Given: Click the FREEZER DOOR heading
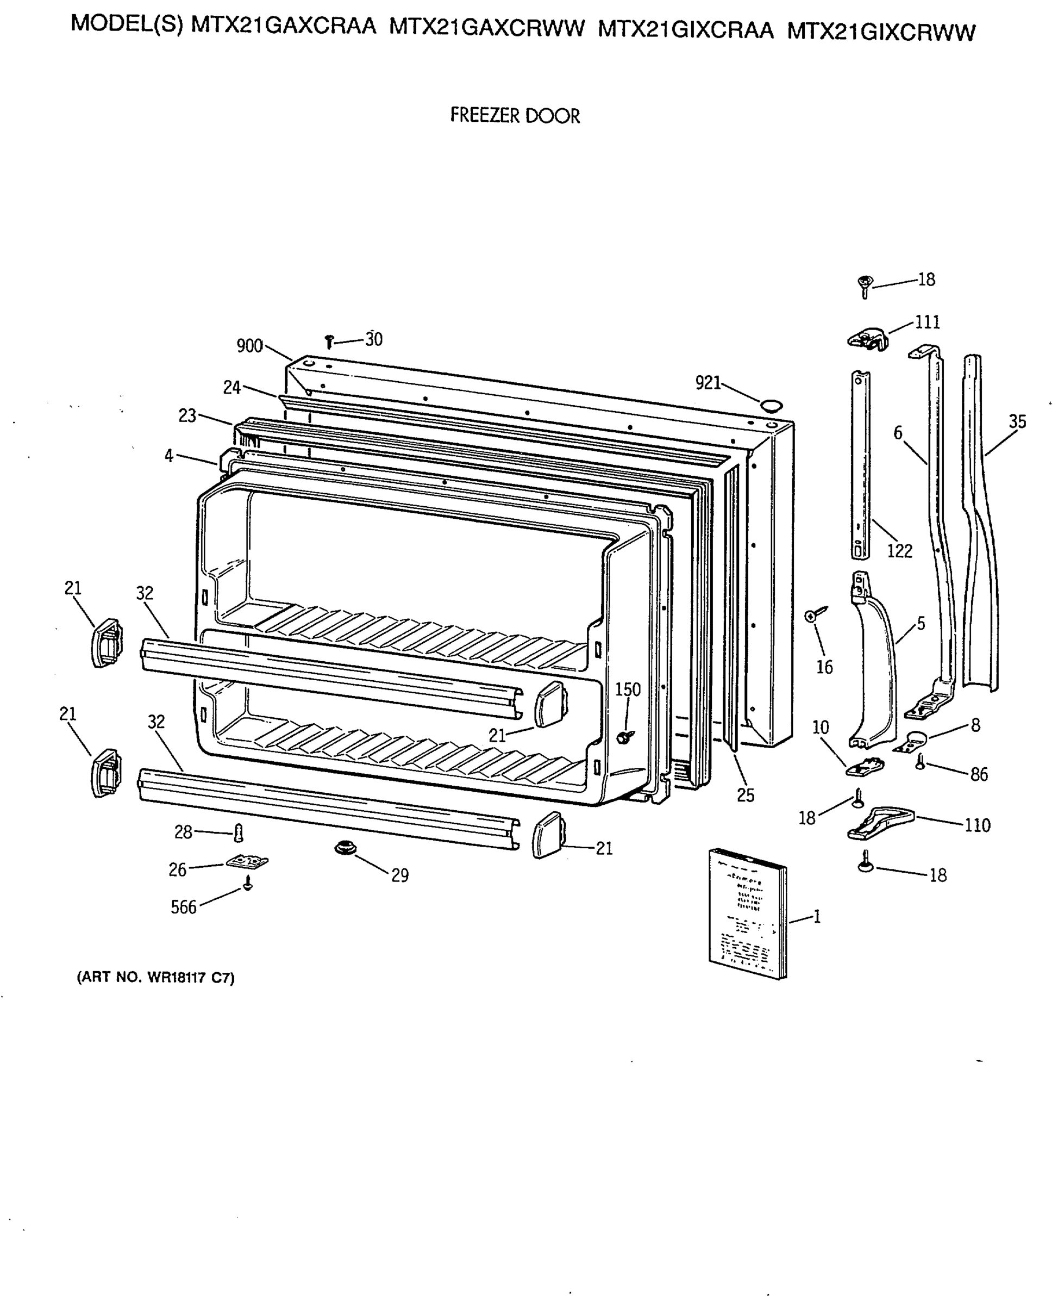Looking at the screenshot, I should [x=515, y=115].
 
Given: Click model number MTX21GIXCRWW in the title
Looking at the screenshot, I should [x=881, y=31].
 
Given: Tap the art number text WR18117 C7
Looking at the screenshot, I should [x=155, y=978].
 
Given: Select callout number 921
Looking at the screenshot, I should [x=708, y=383].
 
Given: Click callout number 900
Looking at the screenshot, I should [x=249, y=346].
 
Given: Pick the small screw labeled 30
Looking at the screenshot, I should [x=330, y=341].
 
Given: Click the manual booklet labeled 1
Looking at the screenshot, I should [x=748, y=912].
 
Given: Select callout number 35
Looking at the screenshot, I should [x=1017, y=421].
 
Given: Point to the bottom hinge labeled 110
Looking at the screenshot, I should [x=880, y=823].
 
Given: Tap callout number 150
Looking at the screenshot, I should [x=628, y=689].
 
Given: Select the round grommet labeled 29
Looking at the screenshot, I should [x=346, y=848].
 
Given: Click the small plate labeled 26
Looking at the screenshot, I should [x=247, y=862].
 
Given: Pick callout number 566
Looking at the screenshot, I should [x=184, y=908].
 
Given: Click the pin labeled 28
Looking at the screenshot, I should [x=239, y=832].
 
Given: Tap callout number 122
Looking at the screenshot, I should [x=899, y=551].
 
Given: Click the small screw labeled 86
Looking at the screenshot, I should [x=921, y=761].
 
